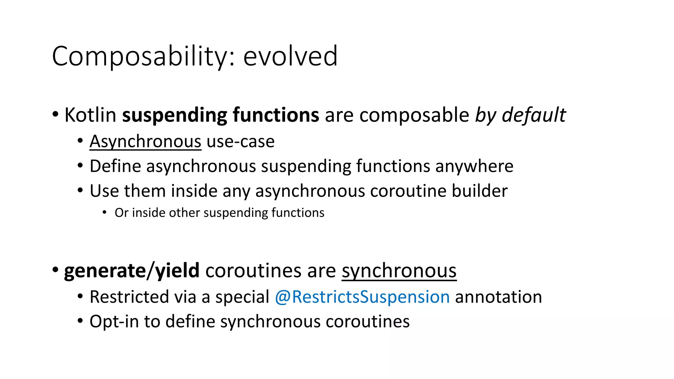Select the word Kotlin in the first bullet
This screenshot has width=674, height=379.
click(x=90, y=115)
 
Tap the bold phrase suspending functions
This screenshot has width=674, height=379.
click(x=220, y=115)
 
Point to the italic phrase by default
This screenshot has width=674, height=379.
click(x=520, y=115)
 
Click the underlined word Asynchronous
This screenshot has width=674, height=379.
click(x=145, y=142)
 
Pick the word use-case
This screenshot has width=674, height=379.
click(x=241, y=142)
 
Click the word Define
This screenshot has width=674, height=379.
click(x=115, y=166)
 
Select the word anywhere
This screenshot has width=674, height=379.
click(x=474, y=166)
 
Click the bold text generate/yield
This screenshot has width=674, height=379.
click(x=132, y=271)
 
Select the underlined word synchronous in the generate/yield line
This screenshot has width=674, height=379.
click(x=399, y=271)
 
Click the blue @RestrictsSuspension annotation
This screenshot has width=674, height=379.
click(x=362, y=297)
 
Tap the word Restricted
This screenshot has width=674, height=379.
click(x=129, y=297)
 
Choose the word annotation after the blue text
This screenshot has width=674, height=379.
click(x=498, y=297)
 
